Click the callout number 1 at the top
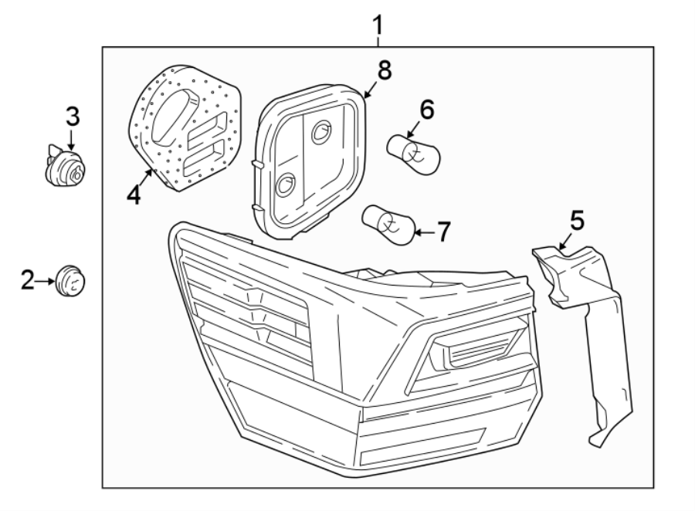[x=377, y=26]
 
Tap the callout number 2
[x=28, y=280]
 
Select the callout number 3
[x=71, y=117]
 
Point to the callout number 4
[x=134, y=195]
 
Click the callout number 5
[x=577, y=221]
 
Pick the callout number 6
[x=426, y=109]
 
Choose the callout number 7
[x=442, y=232]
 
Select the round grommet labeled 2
[x=70, y=279]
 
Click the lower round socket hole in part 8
[x=285, y=184]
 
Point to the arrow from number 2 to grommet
[x=46, y=280]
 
